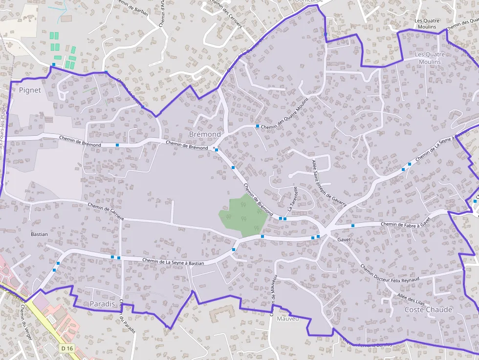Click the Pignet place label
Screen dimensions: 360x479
tap(30, 90)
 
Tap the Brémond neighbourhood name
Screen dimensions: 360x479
tap(205, 134)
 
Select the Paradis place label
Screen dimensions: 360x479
tap(103, 304)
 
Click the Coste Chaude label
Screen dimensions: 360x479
tap(429, 310)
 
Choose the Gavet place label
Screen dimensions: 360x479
tap(345, 240)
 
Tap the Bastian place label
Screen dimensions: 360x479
tap(39, 234)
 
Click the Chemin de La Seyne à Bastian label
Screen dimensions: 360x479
tap(173, 262)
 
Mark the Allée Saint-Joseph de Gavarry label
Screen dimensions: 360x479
tap(329, 183)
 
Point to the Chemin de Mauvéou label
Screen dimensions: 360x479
tap(274, 295)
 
